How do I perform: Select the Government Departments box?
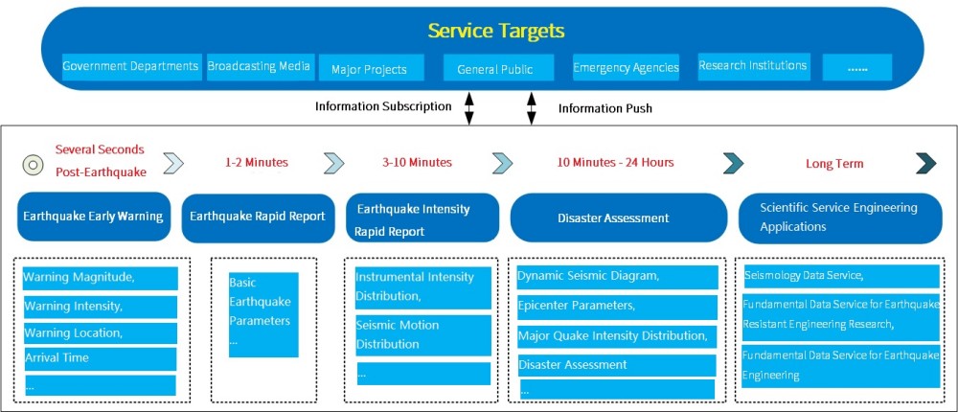(x=130, y=67)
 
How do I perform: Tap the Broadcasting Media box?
(x=259, y=66)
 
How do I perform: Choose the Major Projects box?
(x=369, y=69)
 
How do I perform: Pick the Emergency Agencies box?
(x=626, y=68)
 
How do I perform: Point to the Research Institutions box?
(x=753, y=66)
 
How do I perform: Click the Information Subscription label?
(x=383, y=106)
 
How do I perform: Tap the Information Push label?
(x=605, y=108)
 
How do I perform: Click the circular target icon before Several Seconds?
(x=33, y=164)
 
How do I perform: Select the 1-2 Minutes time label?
(x=256, y=162)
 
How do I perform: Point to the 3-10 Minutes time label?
(x=418, y=162)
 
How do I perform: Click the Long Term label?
(x=834, y=164)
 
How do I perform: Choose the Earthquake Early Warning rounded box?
(x=93, y=217)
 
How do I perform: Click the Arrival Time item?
(x=100, y=358)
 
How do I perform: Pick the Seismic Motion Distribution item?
(x=422, y=334)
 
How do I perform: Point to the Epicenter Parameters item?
(x=617, y=307)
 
